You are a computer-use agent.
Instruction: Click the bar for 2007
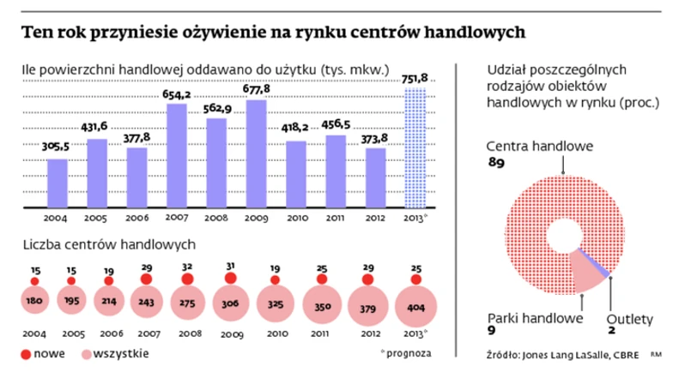[x=177, y=155]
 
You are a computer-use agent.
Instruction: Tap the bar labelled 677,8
[x=257, y=153]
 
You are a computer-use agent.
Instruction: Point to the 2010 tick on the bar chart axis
[x=296, y=218]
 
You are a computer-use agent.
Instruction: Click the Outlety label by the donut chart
[x=631, y=318]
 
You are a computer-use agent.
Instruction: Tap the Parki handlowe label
[x=533, y=318]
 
